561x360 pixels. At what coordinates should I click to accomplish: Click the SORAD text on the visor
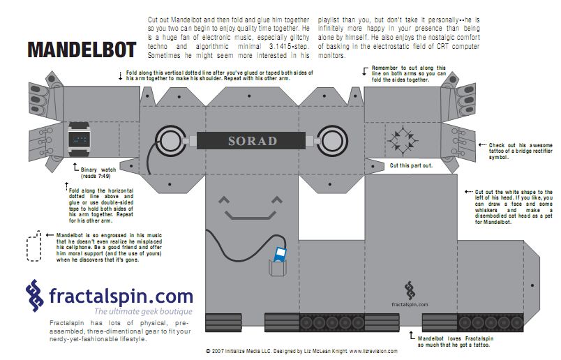click(x=253, y=140)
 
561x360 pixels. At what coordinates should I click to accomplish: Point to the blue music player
click(x=280, y=255)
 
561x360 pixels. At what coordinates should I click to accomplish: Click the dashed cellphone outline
click(x=33, y=248)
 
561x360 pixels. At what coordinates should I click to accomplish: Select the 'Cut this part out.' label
click(x=412, y=165)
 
